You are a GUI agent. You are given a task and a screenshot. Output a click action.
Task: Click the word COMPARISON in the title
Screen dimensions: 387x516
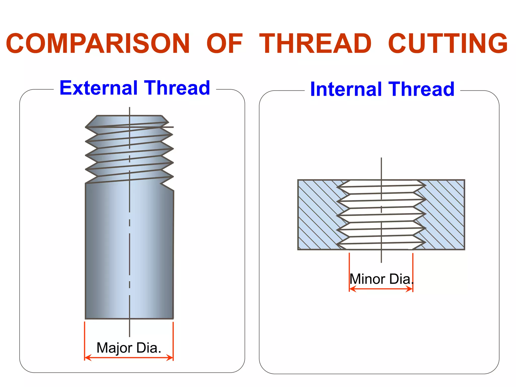coord(98,44)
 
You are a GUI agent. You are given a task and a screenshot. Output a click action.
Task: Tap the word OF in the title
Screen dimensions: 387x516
coord(224,44)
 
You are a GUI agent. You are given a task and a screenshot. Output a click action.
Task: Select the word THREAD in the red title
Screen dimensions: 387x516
coord(315,44)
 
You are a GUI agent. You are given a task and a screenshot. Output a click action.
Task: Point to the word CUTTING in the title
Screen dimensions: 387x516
coord(448,44)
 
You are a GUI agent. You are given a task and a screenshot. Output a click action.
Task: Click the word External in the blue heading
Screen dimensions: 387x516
coord(99,88)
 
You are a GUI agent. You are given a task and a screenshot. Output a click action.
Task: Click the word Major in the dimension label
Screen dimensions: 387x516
coord(114,348)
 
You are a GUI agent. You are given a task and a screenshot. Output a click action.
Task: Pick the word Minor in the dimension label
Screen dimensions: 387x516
coord(367,279)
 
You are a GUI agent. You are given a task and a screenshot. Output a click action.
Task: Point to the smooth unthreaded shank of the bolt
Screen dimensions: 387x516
coord(129,252)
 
